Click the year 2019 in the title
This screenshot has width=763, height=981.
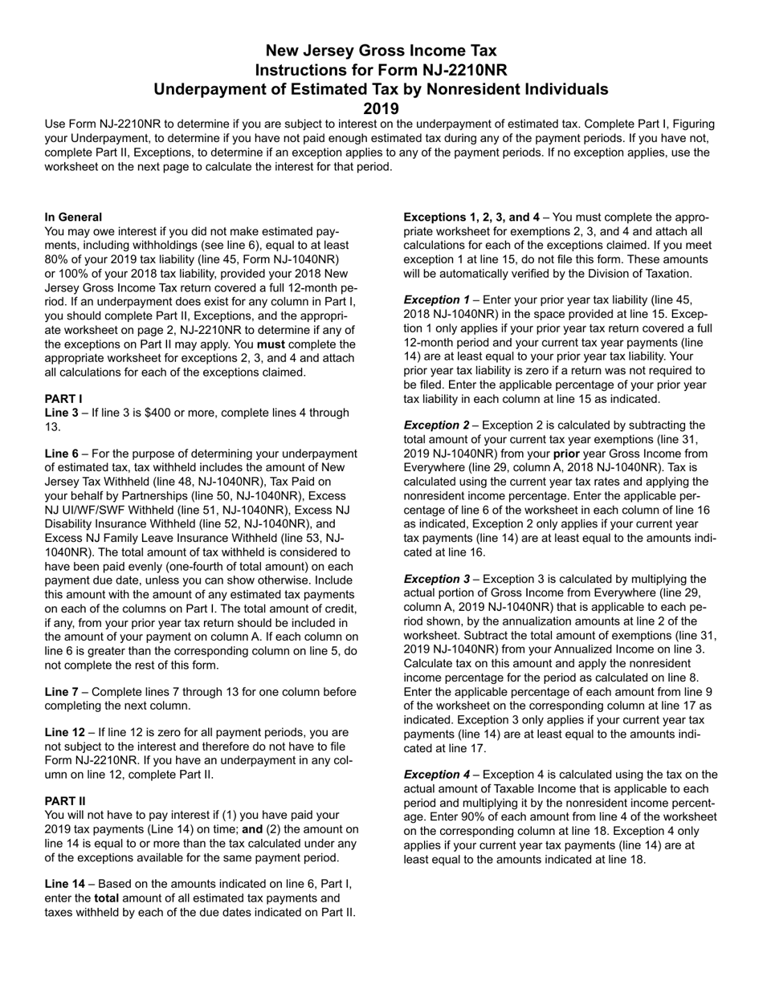pyautogui.click(x=381, y=108)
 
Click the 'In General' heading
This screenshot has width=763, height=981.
pyautogui.click(x=73, y=217)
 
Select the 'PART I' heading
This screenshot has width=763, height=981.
pyautogui.click(x=63, y=399)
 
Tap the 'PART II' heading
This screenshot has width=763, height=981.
pyautogui.click(x=65, y=800)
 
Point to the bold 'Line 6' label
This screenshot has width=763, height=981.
pyautogui.click(x=62, y=454)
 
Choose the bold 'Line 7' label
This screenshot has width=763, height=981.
pyautogui.click(x=62, y=692)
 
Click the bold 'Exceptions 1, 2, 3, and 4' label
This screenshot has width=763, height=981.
pyautogui.click(x=471, y=217)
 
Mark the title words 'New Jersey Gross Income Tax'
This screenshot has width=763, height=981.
pyautogui.click(x=381, y=51)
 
